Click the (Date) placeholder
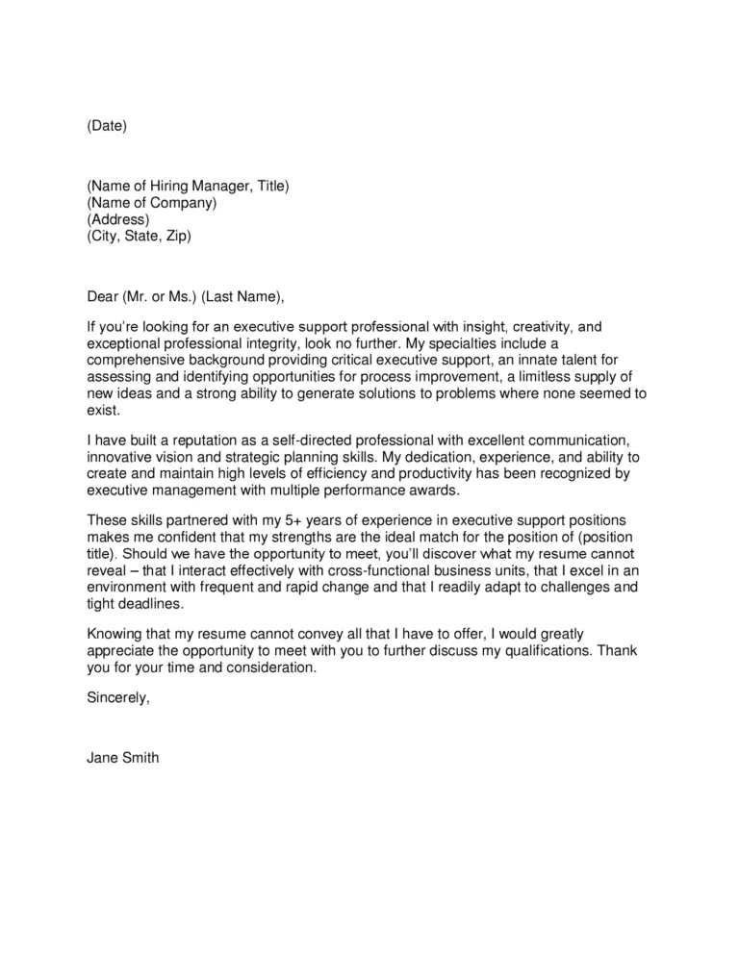click(x=106, y=126)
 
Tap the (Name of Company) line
click(x=152, y=202)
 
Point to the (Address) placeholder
click(x=118, y=219)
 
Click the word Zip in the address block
click(x=174, y=236)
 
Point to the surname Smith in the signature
click(x=140, y=758)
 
